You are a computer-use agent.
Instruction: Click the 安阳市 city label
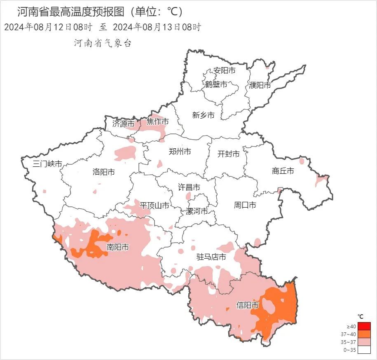[x=225, y=71]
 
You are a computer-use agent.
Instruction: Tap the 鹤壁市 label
[x=216, y=84]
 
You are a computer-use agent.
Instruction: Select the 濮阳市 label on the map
[x=260, y=85]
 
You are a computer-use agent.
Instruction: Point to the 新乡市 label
[x=204, y=115]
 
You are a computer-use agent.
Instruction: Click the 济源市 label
[x=124, y=124]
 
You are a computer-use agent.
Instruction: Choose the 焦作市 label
[x=158, y=122]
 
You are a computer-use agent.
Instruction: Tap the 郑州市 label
[x=180, y=152]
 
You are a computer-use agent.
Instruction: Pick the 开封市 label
[x=229, y=154]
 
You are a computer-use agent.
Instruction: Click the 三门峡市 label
[x=47, y=164]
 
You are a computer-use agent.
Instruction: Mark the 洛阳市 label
[x=104, y=172]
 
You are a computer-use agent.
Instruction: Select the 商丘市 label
[x=283, y=171]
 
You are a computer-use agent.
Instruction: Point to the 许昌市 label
[x=189, y=187]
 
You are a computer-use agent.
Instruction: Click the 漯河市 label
[x=197, y=211]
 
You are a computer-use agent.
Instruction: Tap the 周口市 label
[x=245, y=205]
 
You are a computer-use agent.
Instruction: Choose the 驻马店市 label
[x=211, y=257]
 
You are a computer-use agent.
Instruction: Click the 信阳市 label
[x=248, y=305]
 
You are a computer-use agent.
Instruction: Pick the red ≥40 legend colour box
[x=364, y=326]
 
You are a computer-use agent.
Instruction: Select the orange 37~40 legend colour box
[x=364, y=334]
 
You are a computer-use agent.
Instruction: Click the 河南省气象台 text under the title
[x=103, y=43]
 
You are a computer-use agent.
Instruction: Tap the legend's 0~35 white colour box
[x=364, y=350]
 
